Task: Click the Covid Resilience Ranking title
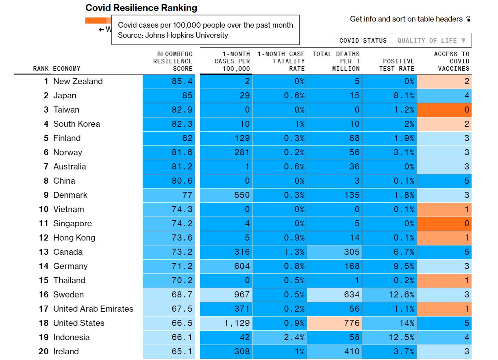[x=141, y=8]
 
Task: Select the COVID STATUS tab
[x=363, y=41]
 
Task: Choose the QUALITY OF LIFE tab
[x=432, y=41]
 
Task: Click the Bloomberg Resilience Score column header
[x=173, y=61]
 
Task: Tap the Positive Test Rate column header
[x=397, y=65]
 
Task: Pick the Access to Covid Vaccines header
[x=451, y=61]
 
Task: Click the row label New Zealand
[x=78, y=81]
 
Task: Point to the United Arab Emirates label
[x=93, y=309]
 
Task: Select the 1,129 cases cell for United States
[x=226, y=323]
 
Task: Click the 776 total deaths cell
[x=335, y=323]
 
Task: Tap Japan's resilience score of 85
[x=169, y=95]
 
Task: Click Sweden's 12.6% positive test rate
[x=389, y=295]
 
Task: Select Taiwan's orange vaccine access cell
[x=444, y=110]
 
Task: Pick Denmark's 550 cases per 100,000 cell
[x=226, y=195]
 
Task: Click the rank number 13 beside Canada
[x=43, y=252]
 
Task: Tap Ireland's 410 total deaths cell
[x=335, y=351]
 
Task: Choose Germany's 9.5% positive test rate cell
[x=389, y=266]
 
